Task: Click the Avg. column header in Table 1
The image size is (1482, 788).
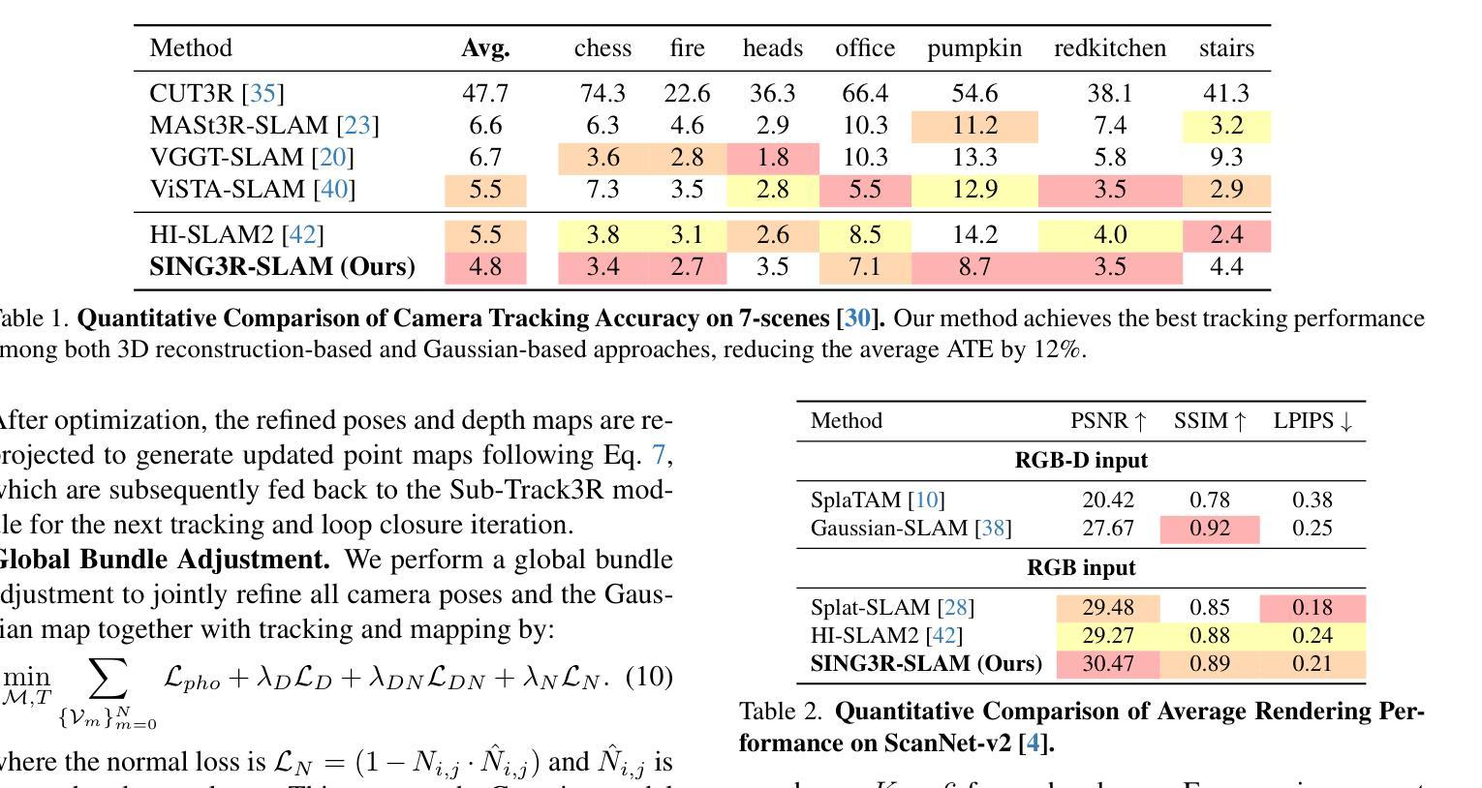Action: pyautogui.click(x=485, y=48)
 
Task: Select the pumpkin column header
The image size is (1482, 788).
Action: pyautogui.click(x=973, y=48)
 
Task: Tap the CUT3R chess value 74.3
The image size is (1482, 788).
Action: pyautogui.click(x=602, y=93)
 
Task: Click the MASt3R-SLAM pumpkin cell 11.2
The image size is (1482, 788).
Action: pyautogui.click(x=973, y=125)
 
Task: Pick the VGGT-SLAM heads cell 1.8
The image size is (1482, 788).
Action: pyautogui.click(x=772, y=157)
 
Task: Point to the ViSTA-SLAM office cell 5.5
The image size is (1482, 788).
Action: pyautogui.click(x=864, y=189)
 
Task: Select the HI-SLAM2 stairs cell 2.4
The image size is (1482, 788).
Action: pyautogui.click(x=1225, y=234)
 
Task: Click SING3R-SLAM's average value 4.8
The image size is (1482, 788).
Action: pyautogui.click(x=484, y=266)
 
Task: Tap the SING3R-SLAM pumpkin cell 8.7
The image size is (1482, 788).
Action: pyautogui.click(x=973, y=266)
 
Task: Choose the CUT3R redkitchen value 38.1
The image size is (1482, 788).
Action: pyautogui.click(x=1109, y=93)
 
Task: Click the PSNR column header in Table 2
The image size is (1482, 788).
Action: pyautogui.click(x=1108, y=421)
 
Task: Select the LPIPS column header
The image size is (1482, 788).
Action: pyautogui.click(x=1312, y=421)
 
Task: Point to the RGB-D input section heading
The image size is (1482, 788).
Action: pyautogui.click(x=1081, y=461)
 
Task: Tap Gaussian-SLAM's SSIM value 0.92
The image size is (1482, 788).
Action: pyautogui.click(x=1209, y=529)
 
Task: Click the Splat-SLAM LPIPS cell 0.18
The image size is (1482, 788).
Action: pyautogui.click(x=1312, y=608)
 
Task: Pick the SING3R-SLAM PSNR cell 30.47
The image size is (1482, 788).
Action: pyautogui.click(x=1108, y=664)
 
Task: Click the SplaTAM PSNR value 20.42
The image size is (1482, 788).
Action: pyautogui.click(x=1108, y=500)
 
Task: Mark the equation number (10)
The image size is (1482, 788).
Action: pyautogui.click(x=649, y=676)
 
